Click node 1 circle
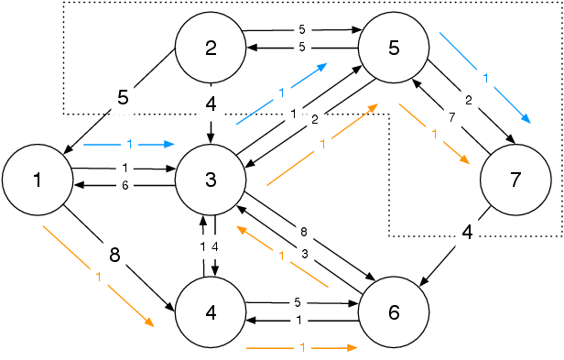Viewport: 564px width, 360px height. click(38, 179)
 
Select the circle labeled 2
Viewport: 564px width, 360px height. click(211, 49)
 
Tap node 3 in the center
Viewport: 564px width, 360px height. click(211, 179)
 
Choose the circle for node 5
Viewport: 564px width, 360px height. click(394, 49)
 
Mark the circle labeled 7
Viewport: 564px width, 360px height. click(515, 179)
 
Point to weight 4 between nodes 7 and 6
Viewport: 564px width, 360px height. click(467, 233)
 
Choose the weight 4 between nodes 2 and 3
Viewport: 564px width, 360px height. click(211, 104)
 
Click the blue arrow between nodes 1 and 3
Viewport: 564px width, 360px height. click(128, 144)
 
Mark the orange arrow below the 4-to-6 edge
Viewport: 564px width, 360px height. click(300, 348)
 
